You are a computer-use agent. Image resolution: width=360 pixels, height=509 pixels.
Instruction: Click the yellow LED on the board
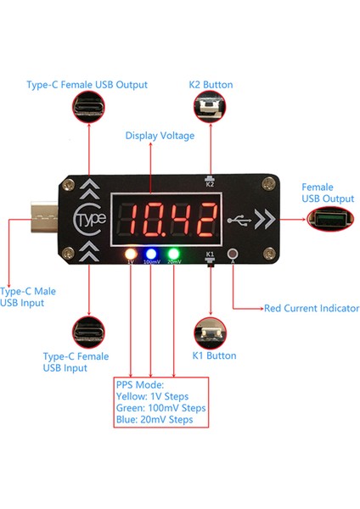[x=131, y=253]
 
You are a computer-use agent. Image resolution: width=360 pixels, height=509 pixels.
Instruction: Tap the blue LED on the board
[x=151, y=253]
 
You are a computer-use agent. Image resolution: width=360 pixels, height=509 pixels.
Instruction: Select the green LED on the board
[x=173, y=253]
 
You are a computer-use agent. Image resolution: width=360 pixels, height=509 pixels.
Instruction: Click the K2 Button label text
[x=211, y=85]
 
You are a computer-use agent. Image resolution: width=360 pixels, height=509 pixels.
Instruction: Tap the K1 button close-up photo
[x=210, y=331]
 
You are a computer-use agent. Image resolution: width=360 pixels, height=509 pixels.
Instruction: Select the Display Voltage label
[x=160, y=135]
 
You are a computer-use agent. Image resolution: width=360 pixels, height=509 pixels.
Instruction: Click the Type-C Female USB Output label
[x=87, y=85]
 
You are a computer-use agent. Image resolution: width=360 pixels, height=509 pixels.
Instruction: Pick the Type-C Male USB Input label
[x=28, y=297]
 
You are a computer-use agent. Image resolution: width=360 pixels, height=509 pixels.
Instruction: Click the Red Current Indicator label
[x=312, y=308]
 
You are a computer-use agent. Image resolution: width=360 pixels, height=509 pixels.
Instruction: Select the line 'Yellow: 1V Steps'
[x=152, y=396]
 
